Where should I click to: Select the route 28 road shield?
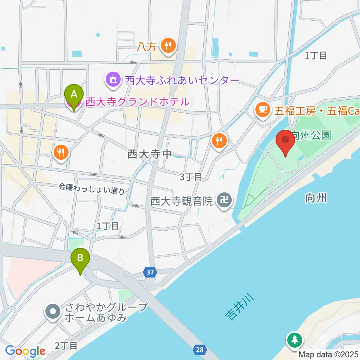(200, 350)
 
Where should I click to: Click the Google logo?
(25, 351)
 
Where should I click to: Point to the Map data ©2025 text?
(329, 354)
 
